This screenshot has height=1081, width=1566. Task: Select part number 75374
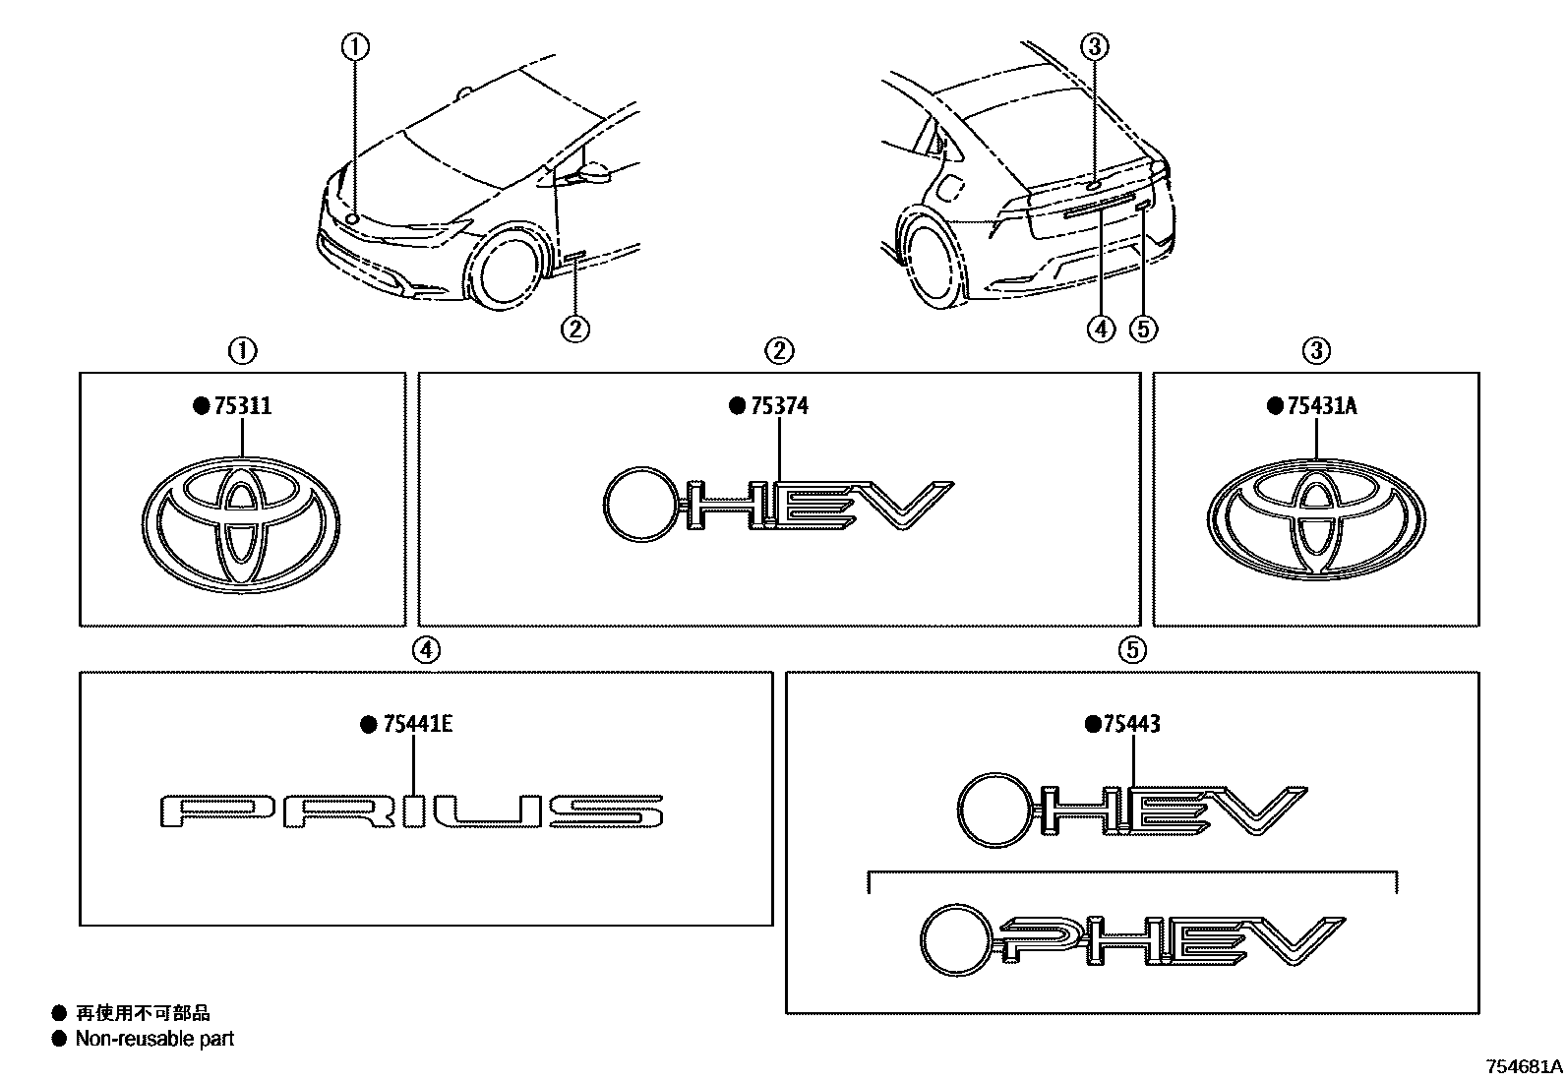(x=778, y=406)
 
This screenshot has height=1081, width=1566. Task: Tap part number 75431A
(x=1321, y=406)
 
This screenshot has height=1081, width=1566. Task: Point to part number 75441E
(x=417, y=725)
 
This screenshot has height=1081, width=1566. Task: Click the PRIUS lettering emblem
(x=411, y=811)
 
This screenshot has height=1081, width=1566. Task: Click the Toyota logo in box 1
(x=241, y=522)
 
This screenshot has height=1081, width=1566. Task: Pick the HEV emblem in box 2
(x=777, y=505)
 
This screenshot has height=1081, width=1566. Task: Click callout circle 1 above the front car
(x=355, y=45)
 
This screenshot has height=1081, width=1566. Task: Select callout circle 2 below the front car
(x=575, y=328)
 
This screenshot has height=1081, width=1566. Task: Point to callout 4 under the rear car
(x=1102, y=329)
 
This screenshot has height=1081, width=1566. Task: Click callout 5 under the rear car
(x=1143, y=329)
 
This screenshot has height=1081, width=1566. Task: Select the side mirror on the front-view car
(x=596, y=174)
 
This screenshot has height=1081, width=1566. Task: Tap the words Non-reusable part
(x=154, y=1039)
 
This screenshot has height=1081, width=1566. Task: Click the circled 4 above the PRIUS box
(x=425, y=649)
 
